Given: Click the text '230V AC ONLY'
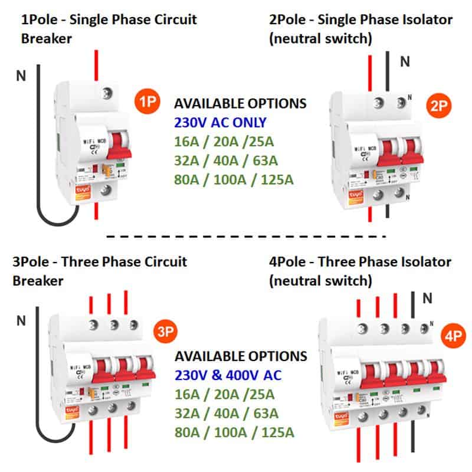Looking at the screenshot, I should [x=220, y=123].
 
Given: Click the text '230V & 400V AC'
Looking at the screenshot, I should [x=228, y=375].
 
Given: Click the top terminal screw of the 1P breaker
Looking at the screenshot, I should [x=107, y=93].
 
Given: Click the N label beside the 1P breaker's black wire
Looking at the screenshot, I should [x=22, y=75].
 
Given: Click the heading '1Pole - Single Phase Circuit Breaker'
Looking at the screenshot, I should [x=109, y=28].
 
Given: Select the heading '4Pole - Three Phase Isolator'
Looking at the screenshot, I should [x=360, y=261].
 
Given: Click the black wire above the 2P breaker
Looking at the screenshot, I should [x=388, y=71].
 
